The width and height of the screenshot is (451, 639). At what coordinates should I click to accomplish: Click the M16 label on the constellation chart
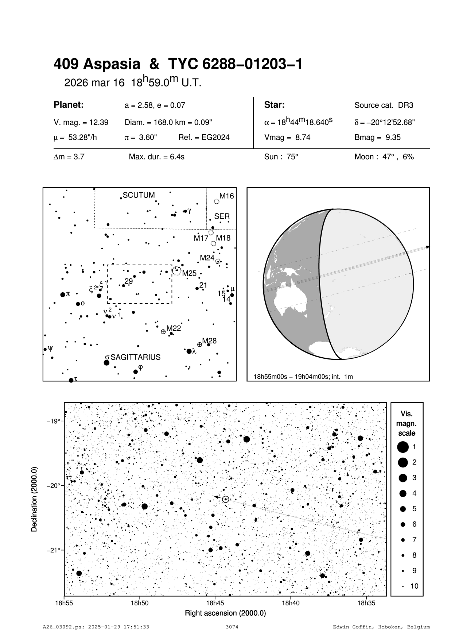(x=226, y=196)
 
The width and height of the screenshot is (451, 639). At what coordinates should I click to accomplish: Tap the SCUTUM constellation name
(x=139, y=195)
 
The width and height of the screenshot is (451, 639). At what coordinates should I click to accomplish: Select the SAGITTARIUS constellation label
(x=135, y=357)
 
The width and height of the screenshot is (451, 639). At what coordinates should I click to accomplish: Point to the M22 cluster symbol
(x=163, y=332)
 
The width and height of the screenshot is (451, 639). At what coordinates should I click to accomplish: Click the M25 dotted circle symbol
(x=176, y=270)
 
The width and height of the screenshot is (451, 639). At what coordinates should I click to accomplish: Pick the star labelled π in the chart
(x=63, y=295)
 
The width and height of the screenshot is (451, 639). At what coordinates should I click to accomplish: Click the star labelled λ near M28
(x=189, y=351)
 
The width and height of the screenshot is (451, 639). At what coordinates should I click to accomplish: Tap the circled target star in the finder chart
(x=225, y=499)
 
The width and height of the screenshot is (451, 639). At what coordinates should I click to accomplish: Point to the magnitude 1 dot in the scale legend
(x=403, y=447)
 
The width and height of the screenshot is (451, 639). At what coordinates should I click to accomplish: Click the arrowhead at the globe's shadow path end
(x=427, y=247)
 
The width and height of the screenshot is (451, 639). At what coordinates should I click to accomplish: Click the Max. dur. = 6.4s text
(x=156, y=157)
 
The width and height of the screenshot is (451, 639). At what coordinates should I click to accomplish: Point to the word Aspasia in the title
(x=112, y=64)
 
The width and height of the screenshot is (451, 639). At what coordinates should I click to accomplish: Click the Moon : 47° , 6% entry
(x=384, y=157)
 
